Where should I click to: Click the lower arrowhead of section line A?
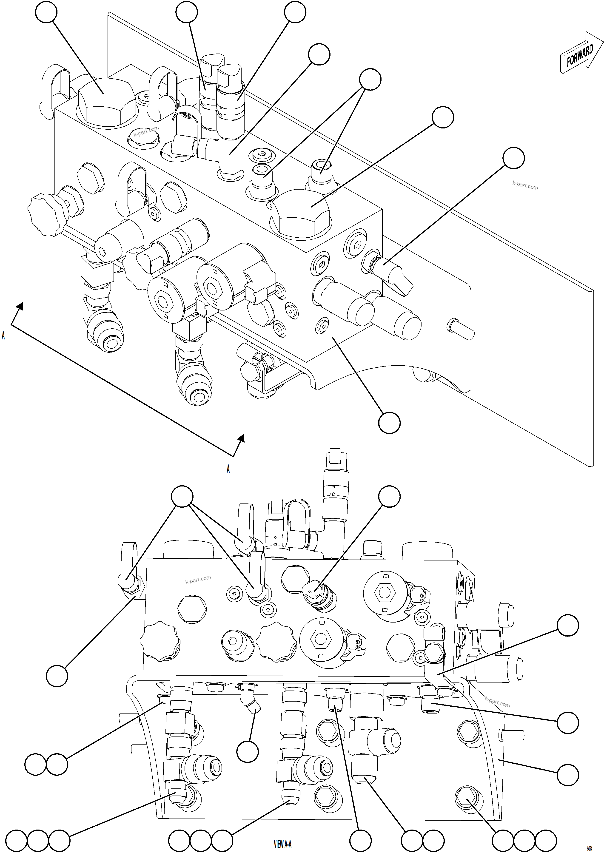(241, 438)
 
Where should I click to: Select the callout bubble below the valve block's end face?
(389, 422)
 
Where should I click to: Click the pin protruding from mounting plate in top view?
(461, 329)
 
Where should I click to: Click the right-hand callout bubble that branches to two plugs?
(370, 79)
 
